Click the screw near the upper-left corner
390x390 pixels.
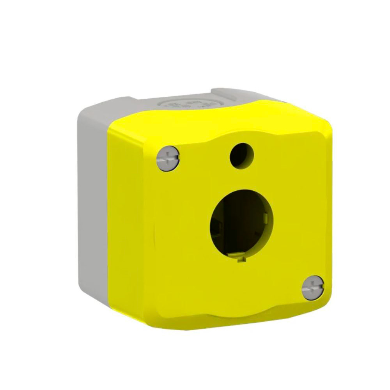point(168,158)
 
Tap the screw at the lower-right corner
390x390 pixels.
point(313,287)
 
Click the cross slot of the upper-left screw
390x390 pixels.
point(168,158)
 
